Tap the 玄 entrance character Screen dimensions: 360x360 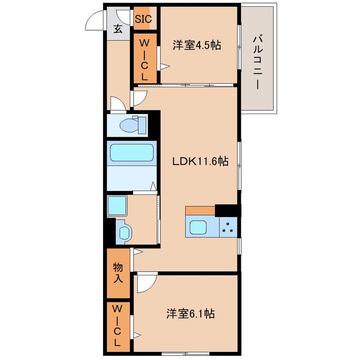118,29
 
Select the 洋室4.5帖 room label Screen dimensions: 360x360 197,45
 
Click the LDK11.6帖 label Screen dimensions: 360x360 200,161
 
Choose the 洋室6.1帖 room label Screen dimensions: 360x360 190,314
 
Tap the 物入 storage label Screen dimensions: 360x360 118,273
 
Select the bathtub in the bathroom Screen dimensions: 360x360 131,153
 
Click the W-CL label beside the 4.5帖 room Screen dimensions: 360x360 145,59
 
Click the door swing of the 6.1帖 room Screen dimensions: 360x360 146,283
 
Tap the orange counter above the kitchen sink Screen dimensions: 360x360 200,211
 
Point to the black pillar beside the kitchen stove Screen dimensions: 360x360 228,211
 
